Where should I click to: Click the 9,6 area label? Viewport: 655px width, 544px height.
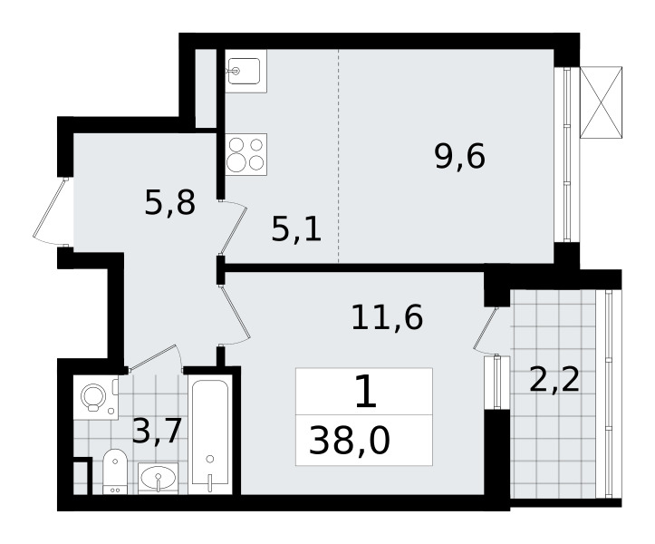(460, 156)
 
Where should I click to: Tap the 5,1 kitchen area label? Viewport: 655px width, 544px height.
(296, 229)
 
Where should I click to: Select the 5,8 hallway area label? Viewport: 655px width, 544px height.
(170, 203)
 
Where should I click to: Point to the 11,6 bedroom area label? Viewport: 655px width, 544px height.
(387, 317)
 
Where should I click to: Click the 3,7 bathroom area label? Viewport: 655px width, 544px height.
(157, 431)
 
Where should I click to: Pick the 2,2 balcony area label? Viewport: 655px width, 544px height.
(554, 380)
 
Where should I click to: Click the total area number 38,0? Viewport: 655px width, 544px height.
(350, 442)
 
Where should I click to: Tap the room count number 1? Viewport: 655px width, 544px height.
(366, 392)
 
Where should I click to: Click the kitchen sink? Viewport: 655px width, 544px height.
(246, 71)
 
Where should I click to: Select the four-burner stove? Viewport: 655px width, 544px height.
(246, 155)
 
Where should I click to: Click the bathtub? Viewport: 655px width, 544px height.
(210, 435)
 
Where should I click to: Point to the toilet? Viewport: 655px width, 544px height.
(114, 471)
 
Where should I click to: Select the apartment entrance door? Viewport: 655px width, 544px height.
(51, 213)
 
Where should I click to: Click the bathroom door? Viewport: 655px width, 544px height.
(156, 358)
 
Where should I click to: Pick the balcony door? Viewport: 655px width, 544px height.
(486, 330)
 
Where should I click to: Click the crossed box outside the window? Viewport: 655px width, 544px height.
(602, 102)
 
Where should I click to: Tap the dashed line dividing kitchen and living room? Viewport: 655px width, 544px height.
(338, 156)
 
